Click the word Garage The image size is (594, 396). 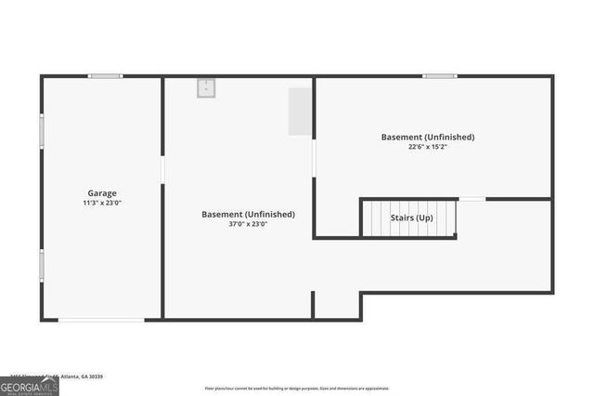[102, 193]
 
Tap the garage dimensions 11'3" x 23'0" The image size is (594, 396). [102, 203]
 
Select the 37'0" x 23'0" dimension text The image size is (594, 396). [248, 223]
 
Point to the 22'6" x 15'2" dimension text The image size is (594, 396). [428, 146]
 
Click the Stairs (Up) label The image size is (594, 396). [411, 218]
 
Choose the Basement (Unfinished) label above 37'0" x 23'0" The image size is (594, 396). [248, 214]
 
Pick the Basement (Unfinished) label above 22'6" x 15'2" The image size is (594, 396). [428, 137]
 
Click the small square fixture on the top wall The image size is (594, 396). [206, 87]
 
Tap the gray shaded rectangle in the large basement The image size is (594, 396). [299, 112]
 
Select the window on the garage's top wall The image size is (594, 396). [105, 76]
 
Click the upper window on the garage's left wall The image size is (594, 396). [41, 130]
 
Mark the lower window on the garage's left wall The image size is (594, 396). [41, 265]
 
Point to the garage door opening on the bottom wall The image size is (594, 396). [101, 321]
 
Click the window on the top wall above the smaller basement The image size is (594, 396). [439, 76]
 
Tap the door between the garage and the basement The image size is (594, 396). [162, 168]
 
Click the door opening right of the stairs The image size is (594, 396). [471, 199]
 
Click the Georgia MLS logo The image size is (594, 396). [29, 386]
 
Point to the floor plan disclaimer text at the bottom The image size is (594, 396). [297, 389]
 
